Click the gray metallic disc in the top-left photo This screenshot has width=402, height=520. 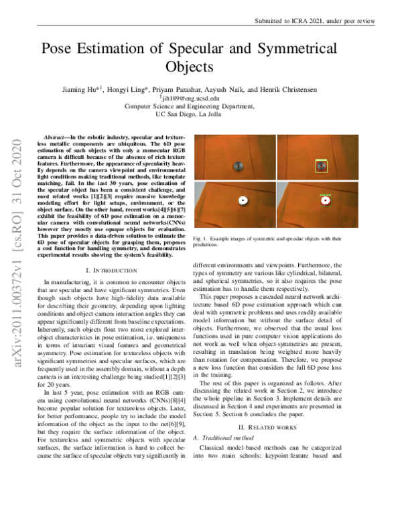click(x=236, y=166)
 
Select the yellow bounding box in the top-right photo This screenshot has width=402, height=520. click(x=322, y=165)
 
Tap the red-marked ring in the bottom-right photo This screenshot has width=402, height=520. click(x=326, y=200)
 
